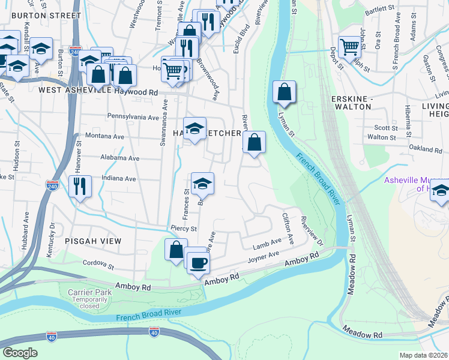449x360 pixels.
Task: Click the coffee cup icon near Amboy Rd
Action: [199, 262]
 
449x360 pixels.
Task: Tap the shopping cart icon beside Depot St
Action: [349, 47]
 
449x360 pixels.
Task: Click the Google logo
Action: [20, 353]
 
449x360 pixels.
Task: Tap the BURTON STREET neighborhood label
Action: [46, 14]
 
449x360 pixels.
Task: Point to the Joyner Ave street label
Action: [264, 259]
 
